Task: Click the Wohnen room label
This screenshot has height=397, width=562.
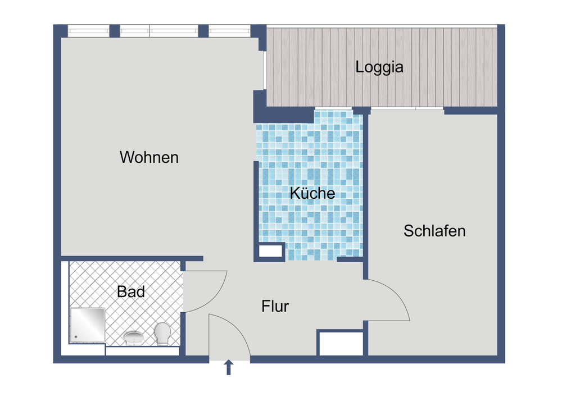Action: pos(149,157)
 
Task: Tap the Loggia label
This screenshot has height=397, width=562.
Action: pos(379,67)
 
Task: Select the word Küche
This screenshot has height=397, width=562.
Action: pos(312,193)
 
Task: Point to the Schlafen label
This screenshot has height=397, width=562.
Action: pos(434,231)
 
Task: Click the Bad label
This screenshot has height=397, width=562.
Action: pos(131,292)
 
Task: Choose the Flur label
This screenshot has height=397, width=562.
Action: pos(275,307)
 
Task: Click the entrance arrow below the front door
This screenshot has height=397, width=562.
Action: pos(229,368)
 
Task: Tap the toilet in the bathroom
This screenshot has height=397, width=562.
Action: pos(163,333)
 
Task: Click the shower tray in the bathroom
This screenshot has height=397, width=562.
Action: pos(88,325)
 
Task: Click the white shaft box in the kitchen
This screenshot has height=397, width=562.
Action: pos(271,251)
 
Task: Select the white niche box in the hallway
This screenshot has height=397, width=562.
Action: pos(341,343)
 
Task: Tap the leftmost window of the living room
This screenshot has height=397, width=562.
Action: pos(88,31)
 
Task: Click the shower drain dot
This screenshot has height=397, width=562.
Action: pos(75,338)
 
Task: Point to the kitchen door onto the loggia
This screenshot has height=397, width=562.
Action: pos(333,108)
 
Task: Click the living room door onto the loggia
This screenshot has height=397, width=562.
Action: pos(264,70)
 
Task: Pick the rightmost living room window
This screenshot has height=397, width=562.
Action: pos(229,31)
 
